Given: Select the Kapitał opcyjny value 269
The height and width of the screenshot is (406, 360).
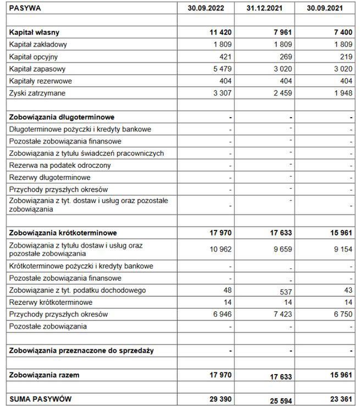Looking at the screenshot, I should (284, 57).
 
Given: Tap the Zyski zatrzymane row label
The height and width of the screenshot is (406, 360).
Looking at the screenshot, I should (37, 93).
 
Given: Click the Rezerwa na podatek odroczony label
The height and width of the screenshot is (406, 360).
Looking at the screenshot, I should (60, 166).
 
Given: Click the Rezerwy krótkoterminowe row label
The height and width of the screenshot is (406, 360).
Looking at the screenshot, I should (51, 302).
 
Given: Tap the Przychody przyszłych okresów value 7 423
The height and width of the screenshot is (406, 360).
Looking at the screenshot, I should (281, 314).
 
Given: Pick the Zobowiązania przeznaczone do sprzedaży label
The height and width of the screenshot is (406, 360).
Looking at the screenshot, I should (81, 350).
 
